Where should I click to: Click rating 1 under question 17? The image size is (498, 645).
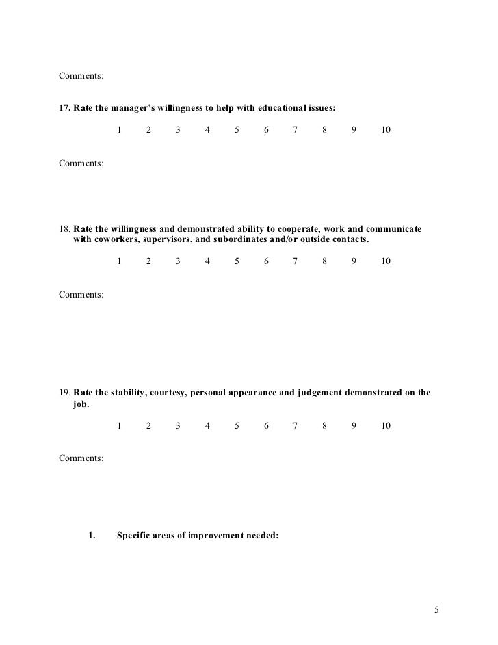[119, 129]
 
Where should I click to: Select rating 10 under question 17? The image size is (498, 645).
[386, 129]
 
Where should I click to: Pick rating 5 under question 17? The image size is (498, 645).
[237, 129]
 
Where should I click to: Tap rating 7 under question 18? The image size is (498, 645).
[296, 261]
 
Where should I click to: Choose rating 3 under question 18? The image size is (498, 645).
[178, 261]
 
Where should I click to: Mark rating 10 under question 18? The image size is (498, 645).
[386, 261]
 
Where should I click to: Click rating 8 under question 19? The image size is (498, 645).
[325, 426]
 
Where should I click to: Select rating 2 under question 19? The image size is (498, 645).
[148, 426]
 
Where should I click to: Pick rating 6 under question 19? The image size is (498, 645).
[266, 426]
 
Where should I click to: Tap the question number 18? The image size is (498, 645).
[64, 228]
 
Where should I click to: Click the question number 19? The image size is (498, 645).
[64, 393]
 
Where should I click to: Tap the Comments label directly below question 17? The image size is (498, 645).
[81, 163]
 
